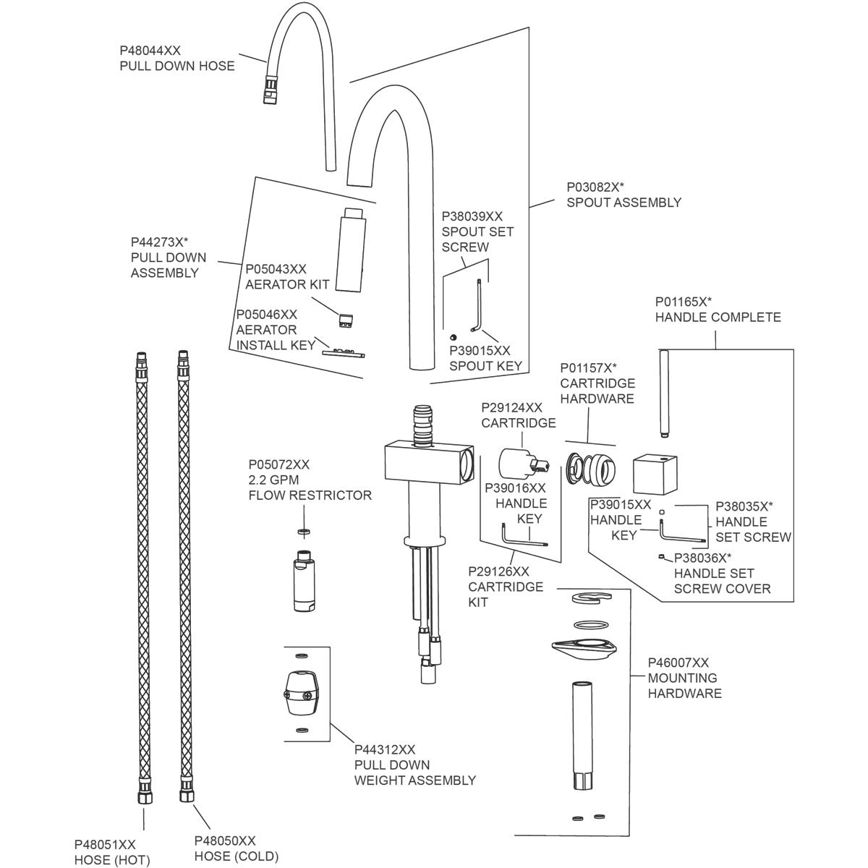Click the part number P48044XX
tap(150, 51)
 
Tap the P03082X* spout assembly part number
tap(595, 187)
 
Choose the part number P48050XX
tap(225, 841)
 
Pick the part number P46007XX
tap(678, 663)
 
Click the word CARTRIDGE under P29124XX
tap(519, 423)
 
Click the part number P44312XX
tap(384, 749)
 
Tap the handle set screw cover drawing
tap(661, 556)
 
